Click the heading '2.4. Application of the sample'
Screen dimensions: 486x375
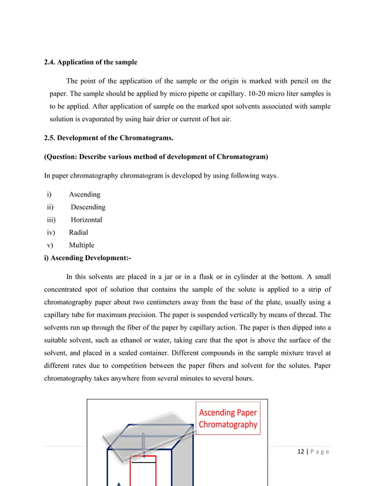[91, 62]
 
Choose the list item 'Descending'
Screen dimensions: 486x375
[88, 207]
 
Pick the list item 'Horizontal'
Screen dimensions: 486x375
[86, 219]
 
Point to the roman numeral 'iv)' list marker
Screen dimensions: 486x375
[51, 232]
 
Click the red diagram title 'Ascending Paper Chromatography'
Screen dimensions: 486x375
[228, 418]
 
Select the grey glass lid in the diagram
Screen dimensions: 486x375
[147, 438]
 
